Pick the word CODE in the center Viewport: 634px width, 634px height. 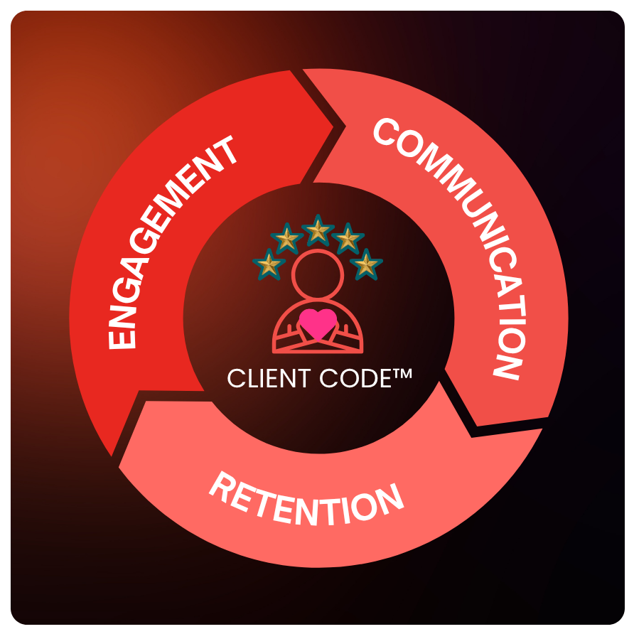tap(355, 378)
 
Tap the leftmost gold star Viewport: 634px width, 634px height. tap(269, 265)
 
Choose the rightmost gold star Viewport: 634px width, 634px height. tap(366, 264)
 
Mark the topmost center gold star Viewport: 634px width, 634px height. tap(318, 230)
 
